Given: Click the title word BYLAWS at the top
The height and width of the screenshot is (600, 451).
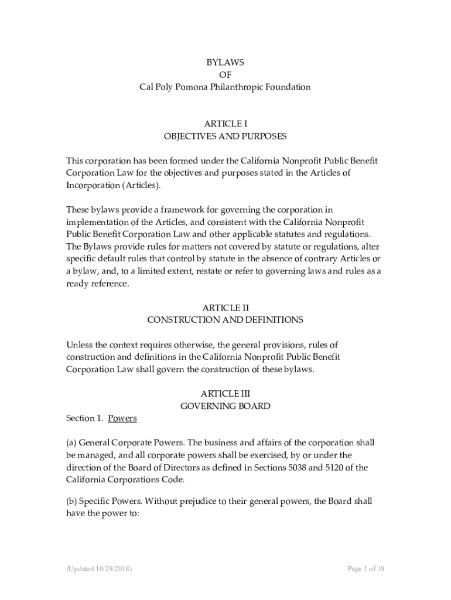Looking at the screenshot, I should [x=225, y=63].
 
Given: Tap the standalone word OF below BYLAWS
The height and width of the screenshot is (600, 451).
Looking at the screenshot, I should [x=225, y=75].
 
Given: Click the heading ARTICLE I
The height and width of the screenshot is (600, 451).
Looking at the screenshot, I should [x=225, y=124].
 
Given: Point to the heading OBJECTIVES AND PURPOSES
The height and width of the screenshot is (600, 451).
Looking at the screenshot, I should [x=225, y=137].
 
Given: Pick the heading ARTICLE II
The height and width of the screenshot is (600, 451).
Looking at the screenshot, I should [x=225, y=308].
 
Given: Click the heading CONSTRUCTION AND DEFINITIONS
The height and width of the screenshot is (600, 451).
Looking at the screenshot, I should [x=225, y=320].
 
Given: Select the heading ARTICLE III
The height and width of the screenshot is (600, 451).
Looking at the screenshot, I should [x=225, y=394].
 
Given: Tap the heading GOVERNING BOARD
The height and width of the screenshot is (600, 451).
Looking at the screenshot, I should [x=225, y=406].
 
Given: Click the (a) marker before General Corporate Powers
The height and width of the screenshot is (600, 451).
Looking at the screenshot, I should [x=71, y=443].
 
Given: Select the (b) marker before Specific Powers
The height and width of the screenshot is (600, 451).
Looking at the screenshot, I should [x=71, y=502].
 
